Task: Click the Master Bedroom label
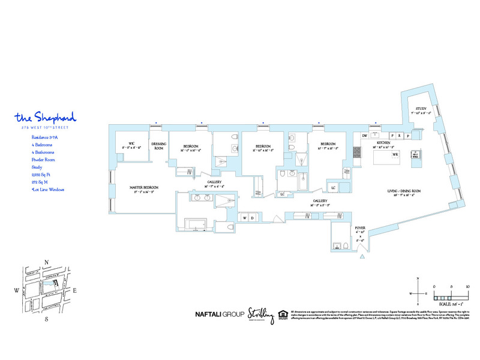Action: pos(144,188)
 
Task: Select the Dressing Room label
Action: pos(158,146)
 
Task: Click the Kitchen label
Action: pos(384,145)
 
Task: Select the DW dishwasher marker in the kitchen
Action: pos(364,136)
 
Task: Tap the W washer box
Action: pos(245,217)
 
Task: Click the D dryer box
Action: pos(252,217)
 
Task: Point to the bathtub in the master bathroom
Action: pos(196,226)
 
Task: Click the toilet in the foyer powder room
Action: pos(338,246)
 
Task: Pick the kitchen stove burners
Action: pos(356,153)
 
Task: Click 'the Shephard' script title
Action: pos(45,116)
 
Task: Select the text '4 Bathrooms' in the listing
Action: pos(43,152)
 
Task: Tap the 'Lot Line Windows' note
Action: pos(47,190)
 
